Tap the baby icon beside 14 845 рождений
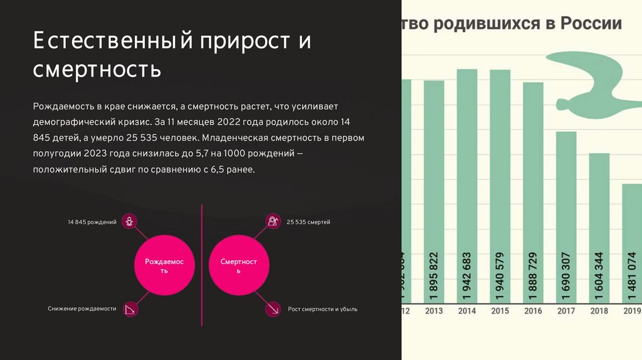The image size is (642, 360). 129,221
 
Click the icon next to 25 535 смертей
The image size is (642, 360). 273,221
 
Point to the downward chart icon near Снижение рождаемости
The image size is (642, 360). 130,309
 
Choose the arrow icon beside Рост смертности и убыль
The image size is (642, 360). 273,309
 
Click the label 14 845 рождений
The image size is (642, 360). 92,222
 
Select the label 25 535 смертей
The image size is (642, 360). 308,222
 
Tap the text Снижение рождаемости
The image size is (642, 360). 82,309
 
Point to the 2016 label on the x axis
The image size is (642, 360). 533,311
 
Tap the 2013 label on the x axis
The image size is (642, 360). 434,311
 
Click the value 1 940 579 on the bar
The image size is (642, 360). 500,276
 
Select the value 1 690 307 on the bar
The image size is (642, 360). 567,276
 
